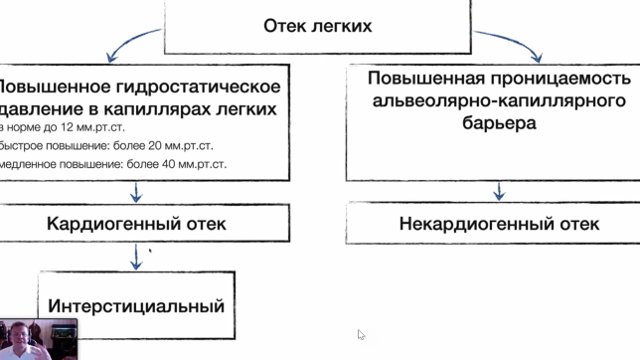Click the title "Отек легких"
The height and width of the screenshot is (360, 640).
318,26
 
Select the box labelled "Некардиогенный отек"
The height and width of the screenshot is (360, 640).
499,224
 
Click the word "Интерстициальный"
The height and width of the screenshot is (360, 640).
137,305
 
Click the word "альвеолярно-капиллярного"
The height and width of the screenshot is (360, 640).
499,101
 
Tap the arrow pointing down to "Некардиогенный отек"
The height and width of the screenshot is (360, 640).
499,190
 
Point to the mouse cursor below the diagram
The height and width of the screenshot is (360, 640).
361,335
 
